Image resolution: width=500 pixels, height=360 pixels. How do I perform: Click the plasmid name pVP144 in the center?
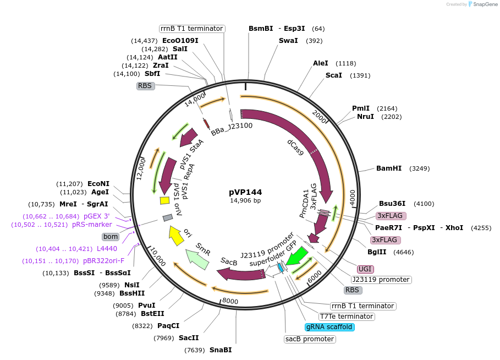click(x=245, y=192)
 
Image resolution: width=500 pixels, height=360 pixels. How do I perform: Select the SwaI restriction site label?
click(x=288, y=41)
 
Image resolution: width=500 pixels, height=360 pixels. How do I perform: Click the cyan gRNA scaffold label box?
click(x=330, y=327)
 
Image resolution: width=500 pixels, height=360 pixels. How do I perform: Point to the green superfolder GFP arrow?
click(x=298, y=256)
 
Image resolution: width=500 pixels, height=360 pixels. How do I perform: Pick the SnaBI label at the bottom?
click(x=221, y=350)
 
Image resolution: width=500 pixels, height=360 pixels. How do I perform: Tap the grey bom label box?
click(x=111, y=237)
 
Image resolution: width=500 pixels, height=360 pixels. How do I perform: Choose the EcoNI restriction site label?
click(x=98, y=184)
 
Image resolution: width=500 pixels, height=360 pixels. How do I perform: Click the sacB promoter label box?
click(x=310, y=339)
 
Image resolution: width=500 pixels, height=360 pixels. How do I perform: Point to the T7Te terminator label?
click(x=347, y=317)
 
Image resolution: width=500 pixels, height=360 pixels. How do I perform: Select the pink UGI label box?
click(x=365, y=269)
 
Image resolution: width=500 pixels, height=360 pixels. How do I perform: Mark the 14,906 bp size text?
click(x=245, y=200)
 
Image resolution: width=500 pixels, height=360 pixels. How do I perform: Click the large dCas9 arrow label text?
click(x=295, y=148)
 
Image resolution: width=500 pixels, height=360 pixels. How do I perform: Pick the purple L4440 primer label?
click(x=107, y=249)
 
